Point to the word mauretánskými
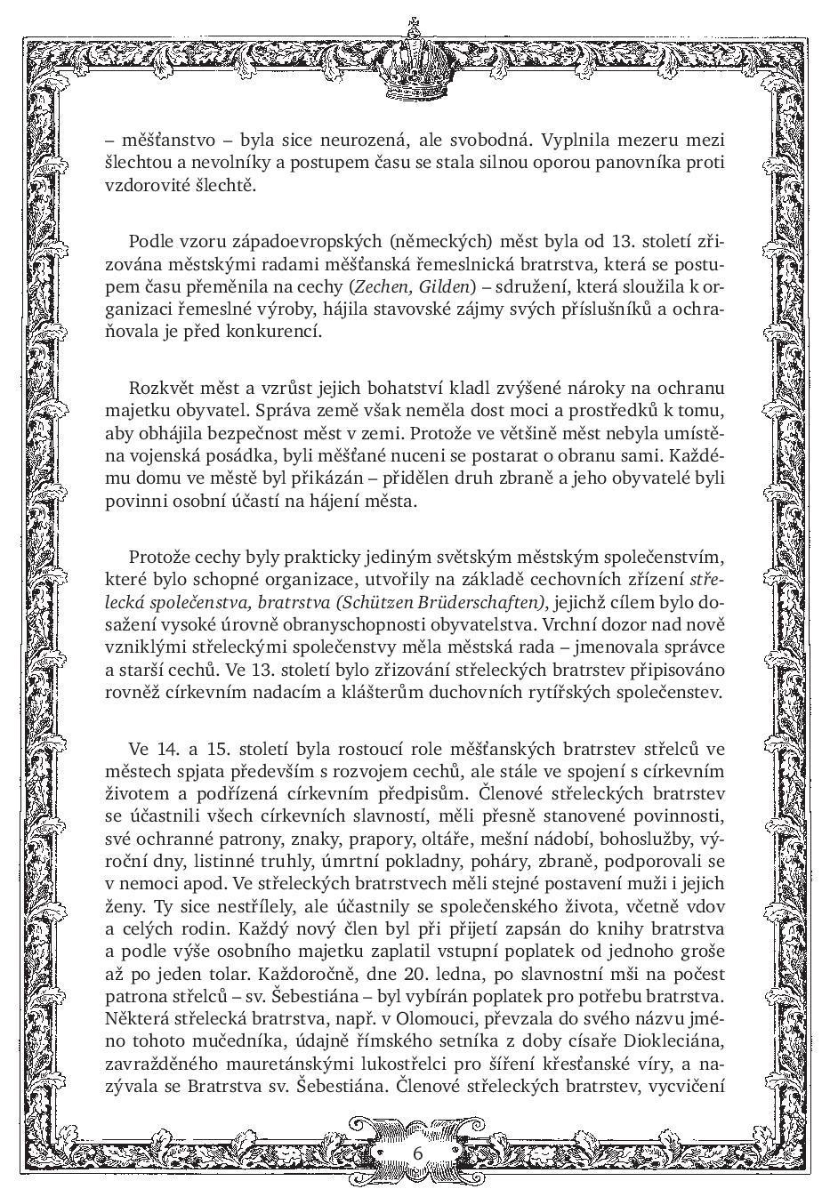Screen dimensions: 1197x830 [x=290, y=1062]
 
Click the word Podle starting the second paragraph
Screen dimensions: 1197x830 [x=149, y=241]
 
